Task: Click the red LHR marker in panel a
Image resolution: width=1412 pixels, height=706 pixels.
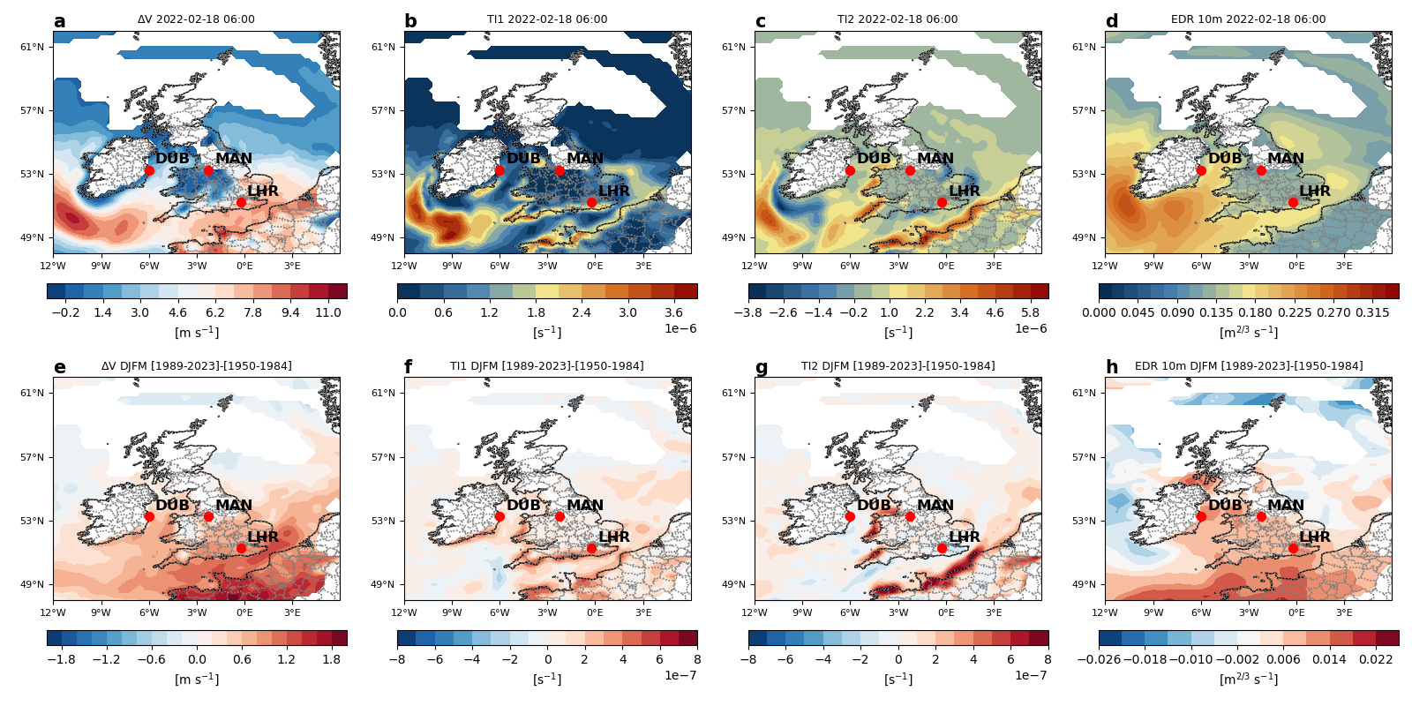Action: tap(241, 202)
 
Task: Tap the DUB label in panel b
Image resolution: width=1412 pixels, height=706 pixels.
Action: tap(523, 159)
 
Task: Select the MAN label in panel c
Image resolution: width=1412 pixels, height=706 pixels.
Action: tap(935, 159)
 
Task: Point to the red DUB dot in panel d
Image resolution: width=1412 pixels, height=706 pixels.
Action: tap(1201, 170)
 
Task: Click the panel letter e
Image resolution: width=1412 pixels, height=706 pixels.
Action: tap(59, 368)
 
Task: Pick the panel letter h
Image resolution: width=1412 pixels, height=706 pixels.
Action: tap(1112, 368)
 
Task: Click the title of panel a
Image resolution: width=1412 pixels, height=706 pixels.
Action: tap(196, 19)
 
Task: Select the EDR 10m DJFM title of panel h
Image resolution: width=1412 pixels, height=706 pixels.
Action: tap(1248, 366)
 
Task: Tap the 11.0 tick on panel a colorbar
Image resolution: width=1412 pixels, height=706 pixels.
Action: tap(327, 312)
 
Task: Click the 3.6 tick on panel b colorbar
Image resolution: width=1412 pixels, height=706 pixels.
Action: tap(673, 312)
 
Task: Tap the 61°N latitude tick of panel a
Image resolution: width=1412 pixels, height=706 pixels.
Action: tap(33, 48)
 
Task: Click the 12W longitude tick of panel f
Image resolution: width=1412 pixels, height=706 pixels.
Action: tap(404, 612)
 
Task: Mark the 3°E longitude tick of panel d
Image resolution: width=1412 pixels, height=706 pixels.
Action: tap(1344, 266)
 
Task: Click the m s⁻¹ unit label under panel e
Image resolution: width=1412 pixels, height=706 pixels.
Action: tap(197, 680)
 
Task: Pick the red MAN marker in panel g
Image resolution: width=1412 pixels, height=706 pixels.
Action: tap(910, 516)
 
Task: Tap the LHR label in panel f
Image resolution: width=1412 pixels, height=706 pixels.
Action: tap(614, 537)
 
